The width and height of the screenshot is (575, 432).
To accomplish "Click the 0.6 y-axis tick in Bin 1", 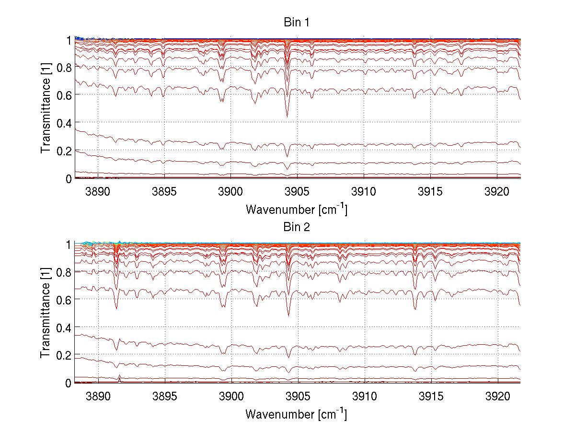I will point(65,95).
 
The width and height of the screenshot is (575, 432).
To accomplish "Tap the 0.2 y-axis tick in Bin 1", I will point(65,151).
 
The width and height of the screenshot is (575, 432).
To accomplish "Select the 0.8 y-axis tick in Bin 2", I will point(65,272).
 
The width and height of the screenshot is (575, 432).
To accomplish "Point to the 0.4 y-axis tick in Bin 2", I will point(65,327).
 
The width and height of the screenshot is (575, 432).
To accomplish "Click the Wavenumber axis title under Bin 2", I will point(296,414).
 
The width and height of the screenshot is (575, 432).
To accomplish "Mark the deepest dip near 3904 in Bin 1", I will point(287,116).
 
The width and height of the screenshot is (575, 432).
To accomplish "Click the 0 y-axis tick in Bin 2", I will point(69,383).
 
